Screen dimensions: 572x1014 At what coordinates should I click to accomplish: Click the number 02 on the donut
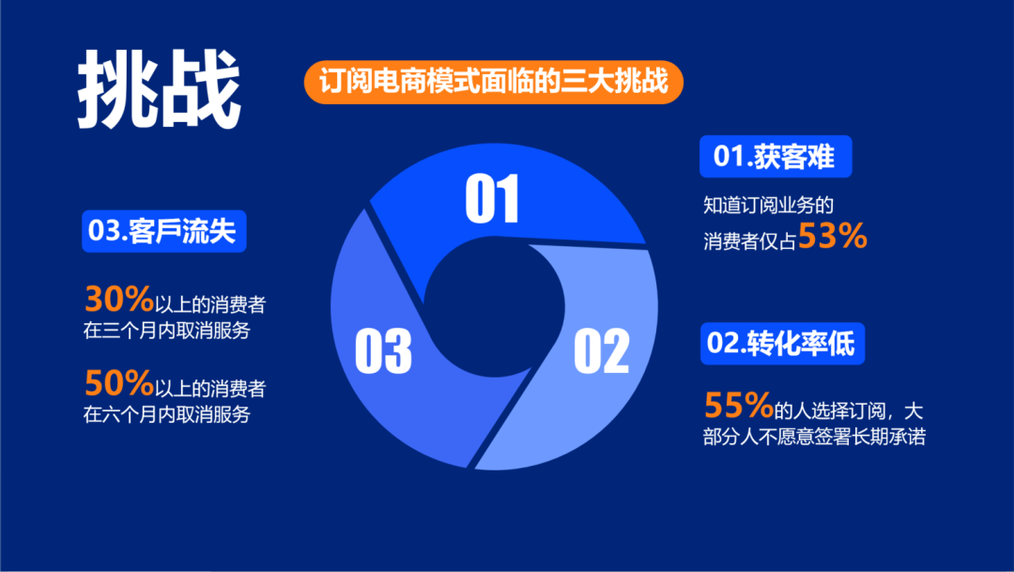point(601,350)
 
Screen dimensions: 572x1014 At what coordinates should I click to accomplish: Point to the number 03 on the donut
point(383,349)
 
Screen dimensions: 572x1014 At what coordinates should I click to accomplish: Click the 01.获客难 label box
point(775,157)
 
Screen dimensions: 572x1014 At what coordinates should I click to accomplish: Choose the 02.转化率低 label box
point(782,345)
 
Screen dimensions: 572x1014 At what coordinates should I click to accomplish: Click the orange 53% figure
point(833,239)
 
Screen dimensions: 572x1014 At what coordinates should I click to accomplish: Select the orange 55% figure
point(739,406)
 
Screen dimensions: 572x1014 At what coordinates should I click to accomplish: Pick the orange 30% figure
point(119,299)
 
